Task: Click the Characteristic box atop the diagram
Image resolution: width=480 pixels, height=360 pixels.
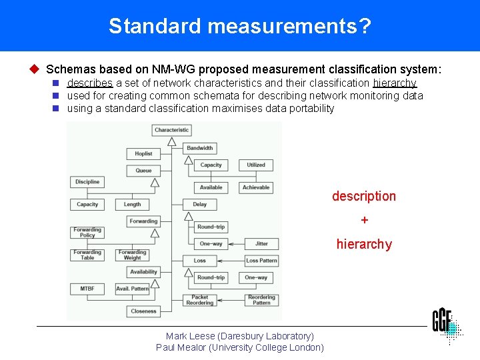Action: tap(172, 130)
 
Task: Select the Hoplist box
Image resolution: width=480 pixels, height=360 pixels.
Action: tap(143, 153)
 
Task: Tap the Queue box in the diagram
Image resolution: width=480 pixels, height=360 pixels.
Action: tap(143, 171)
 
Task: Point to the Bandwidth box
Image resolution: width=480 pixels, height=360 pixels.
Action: tap(200, 148)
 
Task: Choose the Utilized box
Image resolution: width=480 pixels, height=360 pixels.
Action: tap(256, 165)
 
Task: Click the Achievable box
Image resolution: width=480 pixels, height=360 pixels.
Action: tap(256, 187)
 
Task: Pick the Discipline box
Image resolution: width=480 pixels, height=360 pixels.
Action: tap(87, 181)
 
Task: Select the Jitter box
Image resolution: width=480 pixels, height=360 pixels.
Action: tap(261, 243)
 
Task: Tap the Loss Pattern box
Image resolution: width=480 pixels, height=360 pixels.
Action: tap(261, 261)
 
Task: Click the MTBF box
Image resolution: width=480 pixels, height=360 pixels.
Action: tap(87, 289)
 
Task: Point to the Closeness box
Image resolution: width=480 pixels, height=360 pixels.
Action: tap(143, 311)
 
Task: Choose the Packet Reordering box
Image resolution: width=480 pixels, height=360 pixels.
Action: tap(200, 300)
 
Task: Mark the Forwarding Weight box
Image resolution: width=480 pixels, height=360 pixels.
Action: tap(132, 255)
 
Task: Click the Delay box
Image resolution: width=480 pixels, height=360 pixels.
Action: tap(200, 204)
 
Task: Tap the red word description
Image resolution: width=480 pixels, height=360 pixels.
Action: tap(364, 196)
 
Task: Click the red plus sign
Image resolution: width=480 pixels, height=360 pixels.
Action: tap(364, 220)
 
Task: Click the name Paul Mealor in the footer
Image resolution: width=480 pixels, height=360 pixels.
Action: tap(181, 347)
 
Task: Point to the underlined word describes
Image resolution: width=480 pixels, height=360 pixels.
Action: tap(90, 83)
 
